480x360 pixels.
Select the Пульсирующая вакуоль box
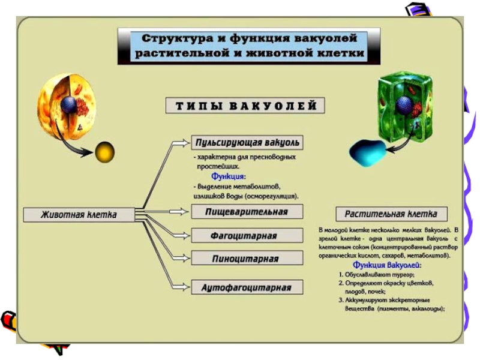[x=247, y=143]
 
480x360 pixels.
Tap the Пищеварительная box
[x=247, y=212]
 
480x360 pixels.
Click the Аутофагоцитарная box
[x=247, y=287]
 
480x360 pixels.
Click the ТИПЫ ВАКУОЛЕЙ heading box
[x=246, y=106]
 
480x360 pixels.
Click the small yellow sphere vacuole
[x=104, y=152]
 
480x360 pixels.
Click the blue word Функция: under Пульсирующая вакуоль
[x=229, y=176]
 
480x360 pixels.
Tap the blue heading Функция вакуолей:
[x=387, y=265]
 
